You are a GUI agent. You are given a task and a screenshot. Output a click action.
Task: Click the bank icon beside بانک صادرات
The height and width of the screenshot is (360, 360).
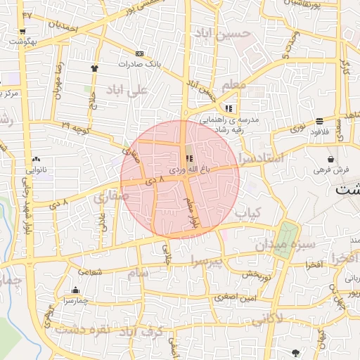[x=139, y=53]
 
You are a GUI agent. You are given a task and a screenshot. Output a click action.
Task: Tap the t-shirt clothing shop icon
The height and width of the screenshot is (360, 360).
[x=94, y=68]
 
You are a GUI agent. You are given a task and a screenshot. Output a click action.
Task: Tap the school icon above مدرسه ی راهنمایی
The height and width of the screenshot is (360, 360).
[x=229, y=108]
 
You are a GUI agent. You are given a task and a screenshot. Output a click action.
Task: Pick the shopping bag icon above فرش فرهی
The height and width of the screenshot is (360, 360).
[x=330, y=160]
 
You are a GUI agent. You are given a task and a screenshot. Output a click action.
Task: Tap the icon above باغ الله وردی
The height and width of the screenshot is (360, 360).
[x=188, y=158]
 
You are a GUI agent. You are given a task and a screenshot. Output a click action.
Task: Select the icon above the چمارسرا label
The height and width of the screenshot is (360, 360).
[x=75, y=290]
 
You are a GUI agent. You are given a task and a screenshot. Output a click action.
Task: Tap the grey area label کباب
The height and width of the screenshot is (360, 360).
[x=248, y=212]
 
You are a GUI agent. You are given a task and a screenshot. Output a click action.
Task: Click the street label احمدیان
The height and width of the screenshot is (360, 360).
[x=64, y=22]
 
